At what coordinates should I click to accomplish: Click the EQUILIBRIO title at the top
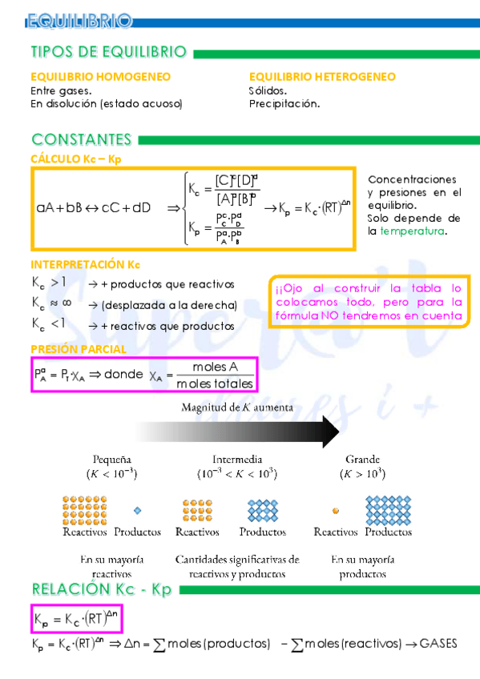click(78, 19)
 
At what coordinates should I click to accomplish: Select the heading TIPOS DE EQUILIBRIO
click(108, 52)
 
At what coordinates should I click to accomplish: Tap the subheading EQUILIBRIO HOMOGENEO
click(100, 77)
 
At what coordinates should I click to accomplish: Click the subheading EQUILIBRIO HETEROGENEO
click(322, 77)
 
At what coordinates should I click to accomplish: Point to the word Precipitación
click(284, 103)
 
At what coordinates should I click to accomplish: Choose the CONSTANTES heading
click(81, 139)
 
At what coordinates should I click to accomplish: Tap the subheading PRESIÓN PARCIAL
click(79, 349)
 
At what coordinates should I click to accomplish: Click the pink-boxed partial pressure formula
click(143, 375)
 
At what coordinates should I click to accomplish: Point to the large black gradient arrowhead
click(329, 432)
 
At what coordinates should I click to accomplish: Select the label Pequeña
click(112, 460)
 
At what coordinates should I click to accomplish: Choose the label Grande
click(362, 460)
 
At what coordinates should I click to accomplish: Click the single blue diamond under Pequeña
click(137, 510)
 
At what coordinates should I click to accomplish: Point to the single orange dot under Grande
click(335, 510)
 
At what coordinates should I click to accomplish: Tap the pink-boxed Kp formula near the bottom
click(77, 619)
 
